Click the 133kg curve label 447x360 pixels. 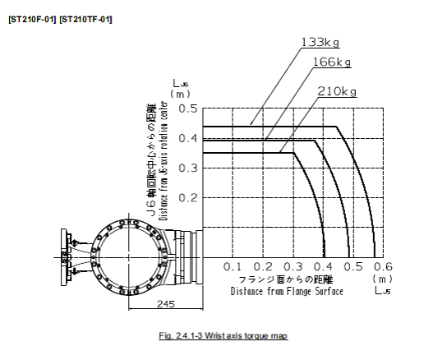[x=320, y=43]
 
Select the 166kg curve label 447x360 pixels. [x=332, y=62]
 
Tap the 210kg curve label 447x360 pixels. [x=337, y=91]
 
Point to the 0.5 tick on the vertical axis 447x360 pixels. [x=188, y=108]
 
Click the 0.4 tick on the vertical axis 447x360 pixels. [x=188, y=139]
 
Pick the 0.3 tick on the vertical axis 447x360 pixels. [x=188, y=168]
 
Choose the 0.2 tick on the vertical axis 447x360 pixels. [x=188, y=197]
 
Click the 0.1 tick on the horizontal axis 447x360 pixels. [x=233, y=267]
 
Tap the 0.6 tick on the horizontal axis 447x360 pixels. [x=383, y=267]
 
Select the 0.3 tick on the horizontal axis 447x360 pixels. [x=293, y=267]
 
